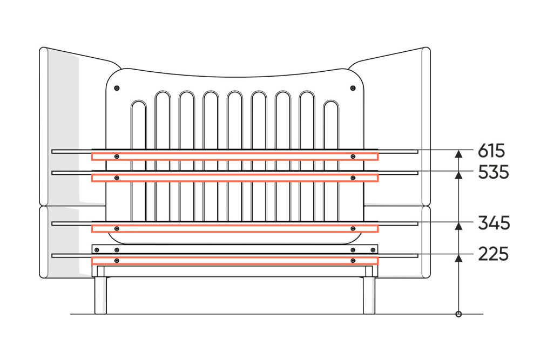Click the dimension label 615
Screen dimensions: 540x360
coord(491,151)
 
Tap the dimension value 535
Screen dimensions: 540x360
coord(493,172)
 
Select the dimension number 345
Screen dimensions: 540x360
coord(494,223)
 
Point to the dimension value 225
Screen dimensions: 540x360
coord(493,254)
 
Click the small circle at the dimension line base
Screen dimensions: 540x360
coord(458,314)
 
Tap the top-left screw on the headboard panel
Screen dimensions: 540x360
coord(117,88)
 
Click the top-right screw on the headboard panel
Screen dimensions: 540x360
coord(353,88)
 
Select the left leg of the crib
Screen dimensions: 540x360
coord(100,295)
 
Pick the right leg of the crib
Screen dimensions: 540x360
coord(369,295)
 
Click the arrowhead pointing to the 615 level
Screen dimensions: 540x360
coord(458,154)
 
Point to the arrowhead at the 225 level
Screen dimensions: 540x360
coord(458,258)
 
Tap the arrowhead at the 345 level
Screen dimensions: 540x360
coord(458,226)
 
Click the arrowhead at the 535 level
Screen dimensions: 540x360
coord(458,175)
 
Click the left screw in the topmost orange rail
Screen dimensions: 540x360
coord(117,157)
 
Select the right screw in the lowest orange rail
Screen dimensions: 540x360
coord(353,261)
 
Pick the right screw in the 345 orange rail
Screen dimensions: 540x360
coord(353,228)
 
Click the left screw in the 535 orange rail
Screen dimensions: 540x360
coord(117,178)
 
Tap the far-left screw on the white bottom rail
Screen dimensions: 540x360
coord(97,250)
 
